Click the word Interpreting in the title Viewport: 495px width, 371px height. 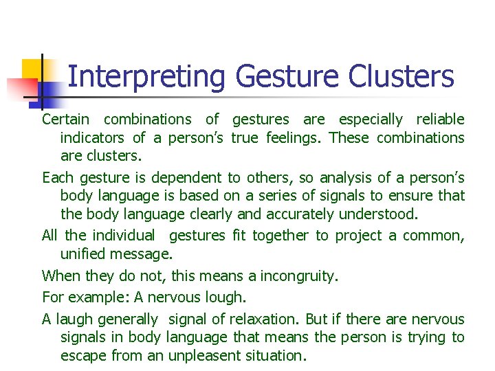click(x=146, y=77)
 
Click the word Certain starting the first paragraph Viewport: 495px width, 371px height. click(x=66, y=120)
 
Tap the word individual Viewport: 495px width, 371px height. click(x=124, y=236)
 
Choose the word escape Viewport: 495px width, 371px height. click(x=81, y=356)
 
